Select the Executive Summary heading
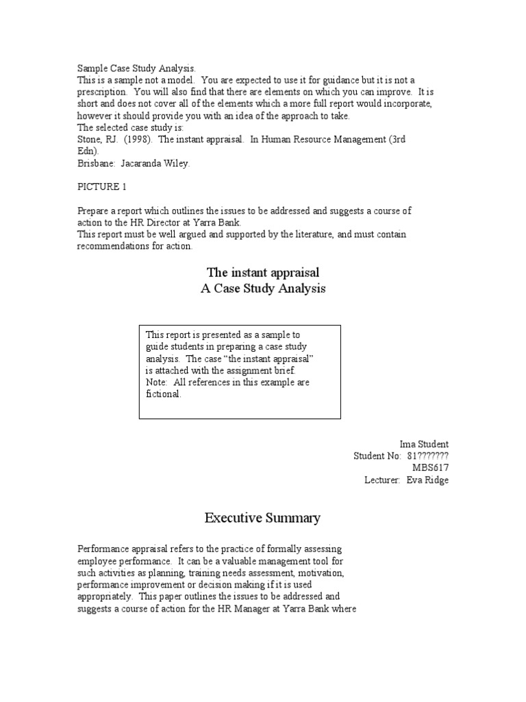(x=262, y=518)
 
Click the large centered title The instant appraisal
(x=263, y=273)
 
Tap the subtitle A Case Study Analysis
(x=263, y=289)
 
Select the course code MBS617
(x=430, y=468)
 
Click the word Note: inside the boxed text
(x=158, y=382)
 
